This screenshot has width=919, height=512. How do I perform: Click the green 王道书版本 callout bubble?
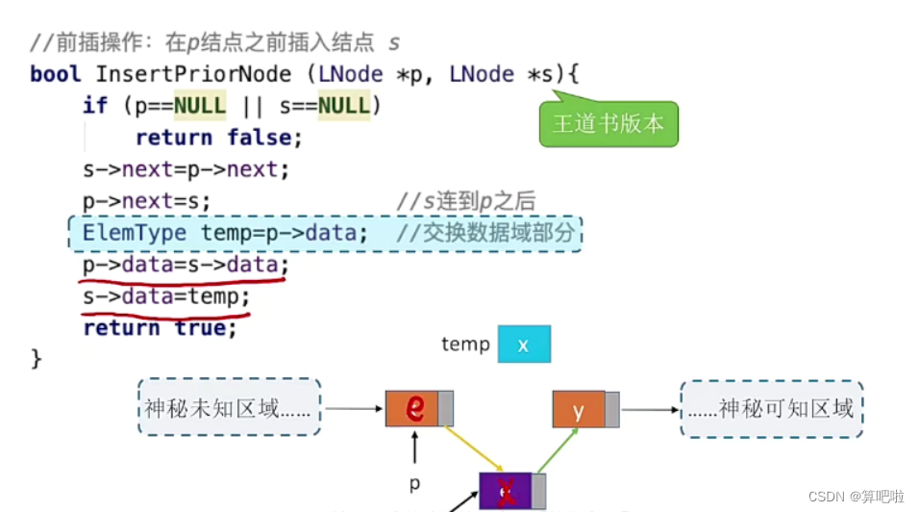coord(609,124)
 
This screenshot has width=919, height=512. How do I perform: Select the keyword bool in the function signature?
coord(56,74)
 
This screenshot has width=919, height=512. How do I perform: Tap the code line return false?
coord(219,138)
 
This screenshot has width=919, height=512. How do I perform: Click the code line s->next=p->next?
coord(186,169)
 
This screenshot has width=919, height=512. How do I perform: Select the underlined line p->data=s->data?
coord(186,265)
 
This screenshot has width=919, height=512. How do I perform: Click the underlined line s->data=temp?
coord(166,296)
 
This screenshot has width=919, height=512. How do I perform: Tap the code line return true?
coord(160,328)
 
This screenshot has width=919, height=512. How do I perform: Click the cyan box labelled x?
coord(524,345)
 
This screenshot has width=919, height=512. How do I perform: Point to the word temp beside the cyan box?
coord(465,345)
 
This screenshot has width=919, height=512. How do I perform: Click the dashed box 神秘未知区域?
coord(229,408)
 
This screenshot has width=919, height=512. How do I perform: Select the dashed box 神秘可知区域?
coord(771,408)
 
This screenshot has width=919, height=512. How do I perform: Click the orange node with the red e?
coord(414,408)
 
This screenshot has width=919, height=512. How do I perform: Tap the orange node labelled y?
coord(579,409)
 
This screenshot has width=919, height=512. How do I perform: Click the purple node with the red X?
coord(506,492)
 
